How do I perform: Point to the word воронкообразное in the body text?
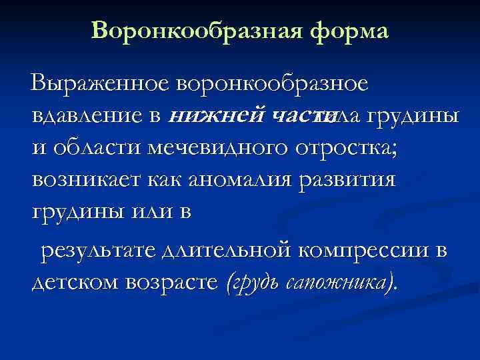[x=272, y=85]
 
